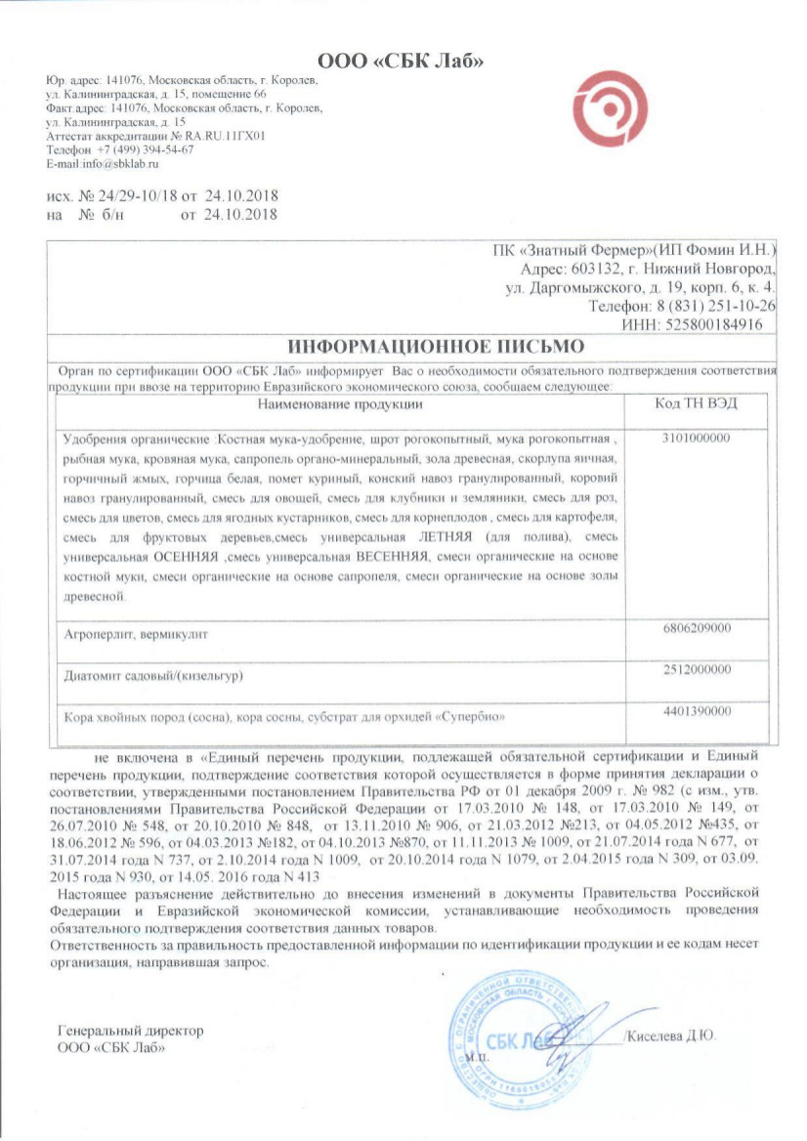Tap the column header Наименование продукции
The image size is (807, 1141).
[x=340, y=403]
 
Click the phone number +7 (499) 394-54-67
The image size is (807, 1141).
[x=144, y=150]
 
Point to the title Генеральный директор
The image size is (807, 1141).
[x=131, y=1032]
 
